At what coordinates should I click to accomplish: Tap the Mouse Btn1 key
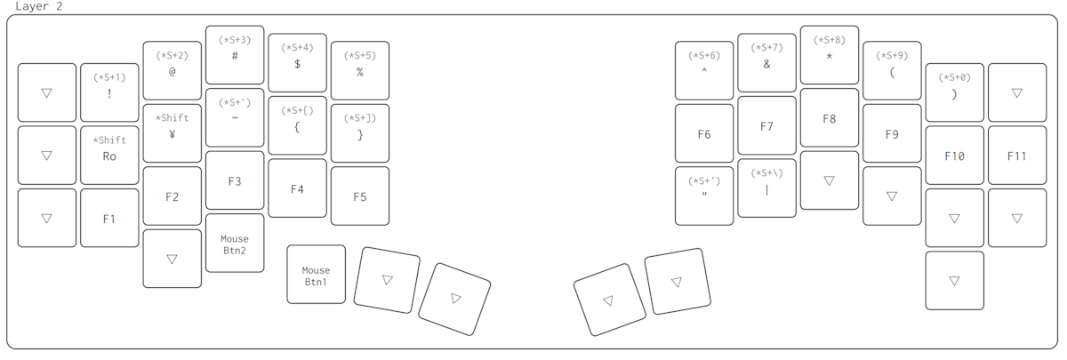click(x=316, y=274)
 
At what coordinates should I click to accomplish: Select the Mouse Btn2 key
click(x=235, y=243)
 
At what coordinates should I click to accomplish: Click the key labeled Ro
click(x=109, y=155)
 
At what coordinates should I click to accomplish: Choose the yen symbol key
click(x=172, y=133)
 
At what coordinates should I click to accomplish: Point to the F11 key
click(x=1016, y=155)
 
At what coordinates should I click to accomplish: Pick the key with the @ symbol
click(x=172, y=70)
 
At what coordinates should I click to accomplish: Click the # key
click(x=235, y=55)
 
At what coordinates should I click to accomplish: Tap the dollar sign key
click(x=297, y=63)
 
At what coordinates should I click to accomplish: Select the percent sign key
click(x=359, y=70)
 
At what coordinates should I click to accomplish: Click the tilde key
click(x=235, y=117)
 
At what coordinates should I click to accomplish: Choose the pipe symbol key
click(x=766, y=188)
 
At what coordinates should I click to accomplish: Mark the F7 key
click(x=766, y=125)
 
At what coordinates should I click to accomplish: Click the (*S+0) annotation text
click(x=954, y=77)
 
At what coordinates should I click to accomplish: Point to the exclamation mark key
click(x=109, y=92)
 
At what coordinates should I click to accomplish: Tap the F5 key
click(x=359, y=196)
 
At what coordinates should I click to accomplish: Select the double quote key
click(x=704, y=196)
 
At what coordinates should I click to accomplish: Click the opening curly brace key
click(x=297, y=125)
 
